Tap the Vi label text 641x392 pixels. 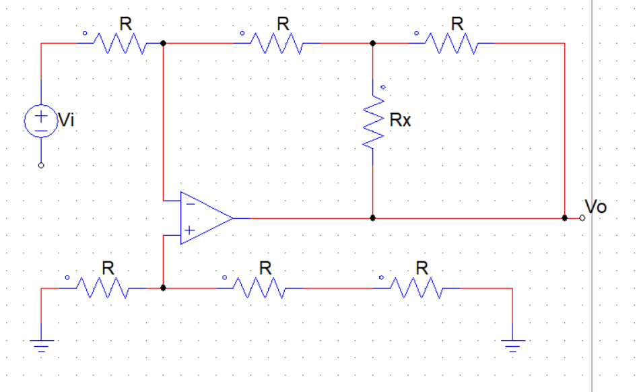[66, 121]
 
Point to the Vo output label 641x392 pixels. [596, 207]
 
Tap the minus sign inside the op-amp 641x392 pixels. [191, 203]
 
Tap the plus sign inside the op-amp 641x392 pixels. [191, 231]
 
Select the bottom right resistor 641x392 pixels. [417, 288]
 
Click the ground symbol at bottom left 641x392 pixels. [41, 346]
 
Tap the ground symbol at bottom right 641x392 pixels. [512, 346]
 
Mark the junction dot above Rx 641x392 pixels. [373, 43]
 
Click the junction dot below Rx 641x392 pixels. [373, 218]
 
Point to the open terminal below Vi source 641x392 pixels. [41, 165]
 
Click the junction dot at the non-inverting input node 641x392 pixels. [163, 288]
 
